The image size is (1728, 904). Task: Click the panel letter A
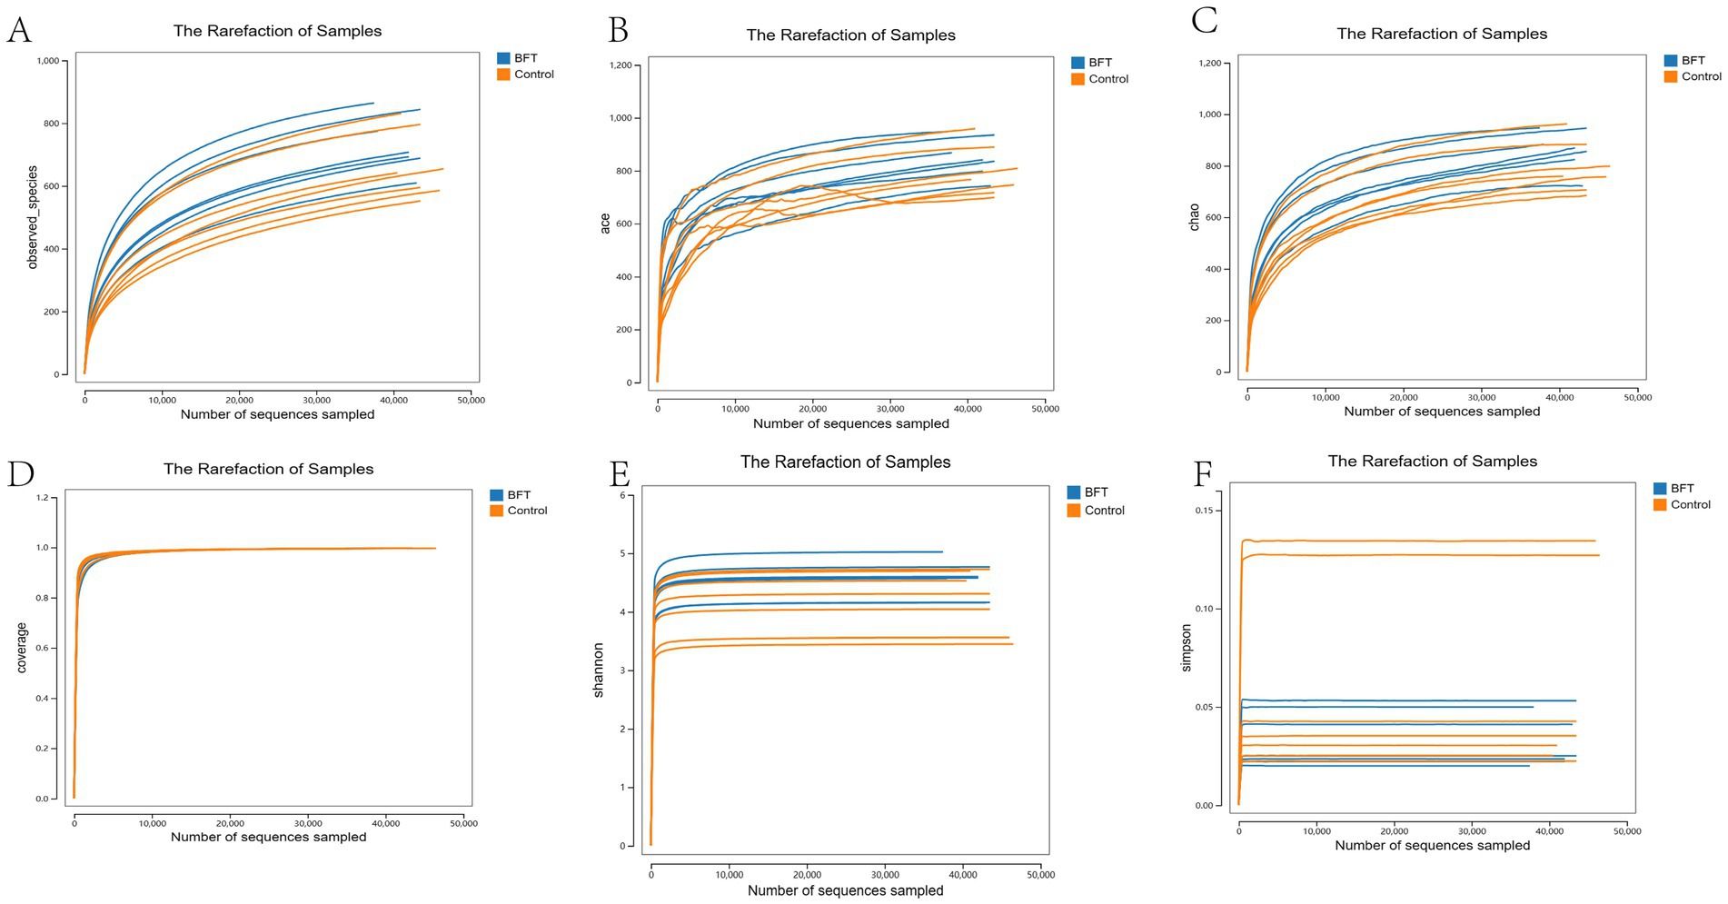[x=19, y=30]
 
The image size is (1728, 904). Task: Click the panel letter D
[x=20, y=474]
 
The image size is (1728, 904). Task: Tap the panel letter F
[x=1203, y=473]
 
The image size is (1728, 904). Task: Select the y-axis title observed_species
[x=33, y=217]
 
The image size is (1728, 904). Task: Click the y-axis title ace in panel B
[x=605, y=224]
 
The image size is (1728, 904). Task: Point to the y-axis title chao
[x=1194, y=216]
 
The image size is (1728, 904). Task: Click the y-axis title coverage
[x=22, y=648]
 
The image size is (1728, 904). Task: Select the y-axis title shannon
[x=598, y=670]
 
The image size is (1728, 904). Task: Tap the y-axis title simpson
[x=1186, y=648]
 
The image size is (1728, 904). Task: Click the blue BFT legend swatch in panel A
[x=503, y=58]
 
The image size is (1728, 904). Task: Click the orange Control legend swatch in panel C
[x=1670, y=76]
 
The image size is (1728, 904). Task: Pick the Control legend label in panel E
[x=1104, y=511]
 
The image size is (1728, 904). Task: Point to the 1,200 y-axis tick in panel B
[x=621, y=65]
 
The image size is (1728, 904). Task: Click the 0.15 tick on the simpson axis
[x=1204, y=511]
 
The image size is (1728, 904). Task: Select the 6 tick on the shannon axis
[x=622, y=495]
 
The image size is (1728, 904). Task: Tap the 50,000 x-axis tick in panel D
[x=463, y=823]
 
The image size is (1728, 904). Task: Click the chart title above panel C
[x=1441, y=34]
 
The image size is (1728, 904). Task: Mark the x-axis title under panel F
[x=1432, y=845]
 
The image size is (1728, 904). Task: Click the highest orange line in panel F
[x=1417, y=541]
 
